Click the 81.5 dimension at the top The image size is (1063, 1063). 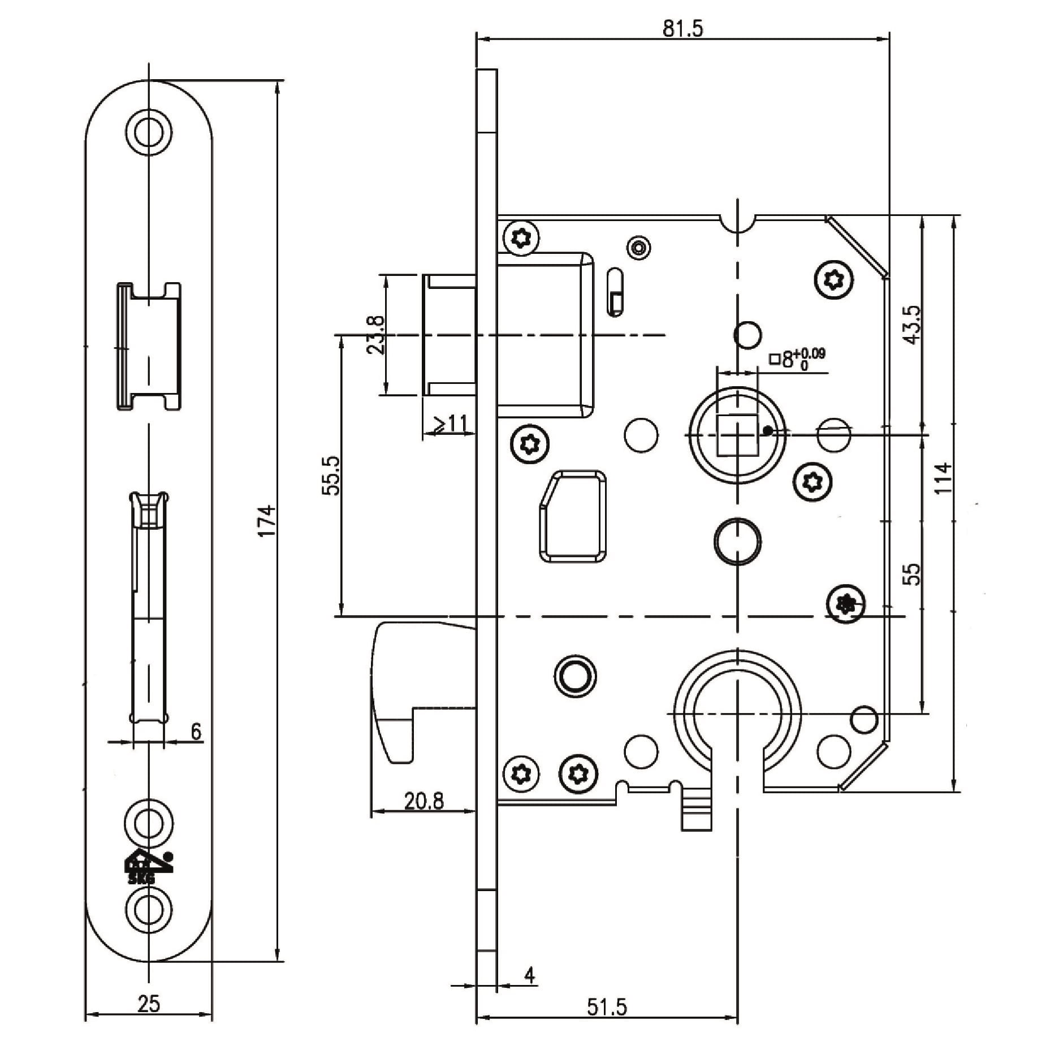(x=682, y=28)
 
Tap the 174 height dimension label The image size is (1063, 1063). (x=267, y=520)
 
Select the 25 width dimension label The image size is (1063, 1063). (x=149, y=1004)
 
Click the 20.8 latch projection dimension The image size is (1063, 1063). (x=424, y=800)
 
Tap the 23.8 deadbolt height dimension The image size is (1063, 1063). (x=375, y=334)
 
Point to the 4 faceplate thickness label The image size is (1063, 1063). (x=529, y=974)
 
